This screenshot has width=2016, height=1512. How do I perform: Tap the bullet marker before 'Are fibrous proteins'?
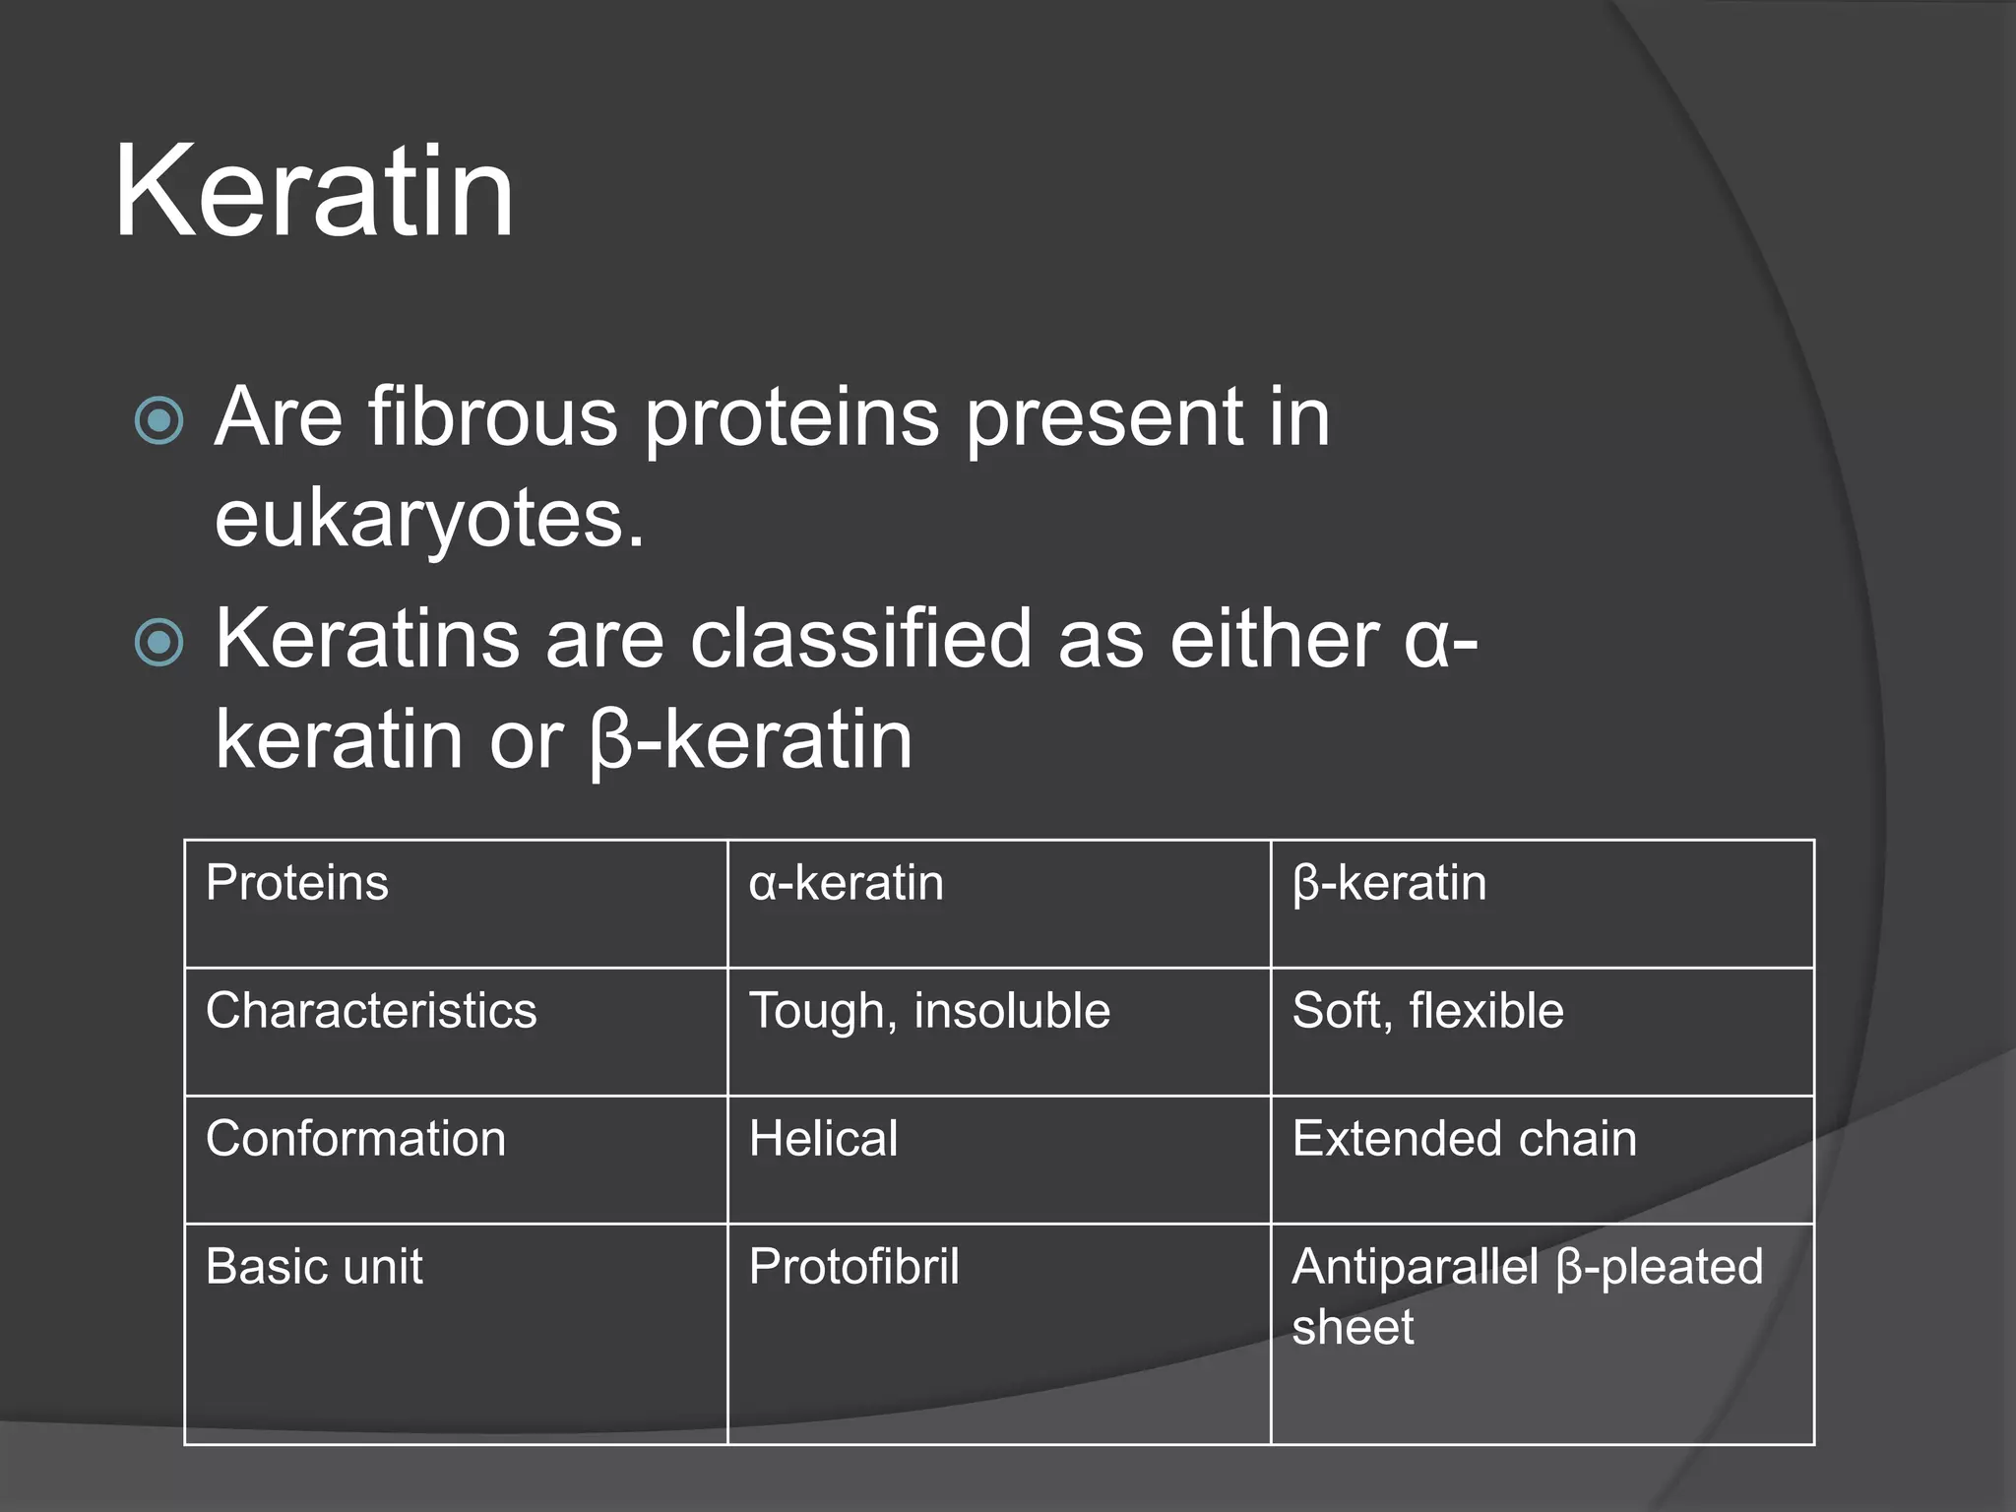[158, 421]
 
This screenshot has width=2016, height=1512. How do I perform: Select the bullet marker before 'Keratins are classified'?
[158, 643]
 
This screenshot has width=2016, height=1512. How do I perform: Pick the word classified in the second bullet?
[860, 639]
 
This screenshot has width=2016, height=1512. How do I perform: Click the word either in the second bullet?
[1274, 639]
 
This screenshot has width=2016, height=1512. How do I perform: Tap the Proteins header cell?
[297, 882]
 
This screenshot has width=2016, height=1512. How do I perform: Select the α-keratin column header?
[847, 883]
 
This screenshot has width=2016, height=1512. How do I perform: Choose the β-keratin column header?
[1389, 883]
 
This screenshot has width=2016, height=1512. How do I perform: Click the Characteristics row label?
[371, 1011]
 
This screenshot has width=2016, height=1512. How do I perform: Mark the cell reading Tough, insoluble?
[929, 1011]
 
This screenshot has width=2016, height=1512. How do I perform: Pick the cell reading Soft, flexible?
[1427, 1011]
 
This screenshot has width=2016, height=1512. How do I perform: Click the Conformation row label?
[355, 1139]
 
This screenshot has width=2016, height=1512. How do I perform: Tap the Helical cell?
[823, 1139]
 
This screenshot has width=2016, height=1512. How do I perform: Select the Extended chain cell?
[1464, 1139]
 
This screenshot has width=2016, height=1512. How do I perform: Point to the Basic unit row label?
[314, 1267]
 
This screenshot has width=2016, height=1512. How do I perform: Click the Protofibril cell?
[853, 1267]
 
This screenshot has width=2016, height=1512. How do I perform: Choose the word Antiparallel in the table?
[1415, 1267]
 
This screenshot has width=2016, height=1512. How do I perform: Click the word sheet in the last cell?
[1353, 1327]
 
